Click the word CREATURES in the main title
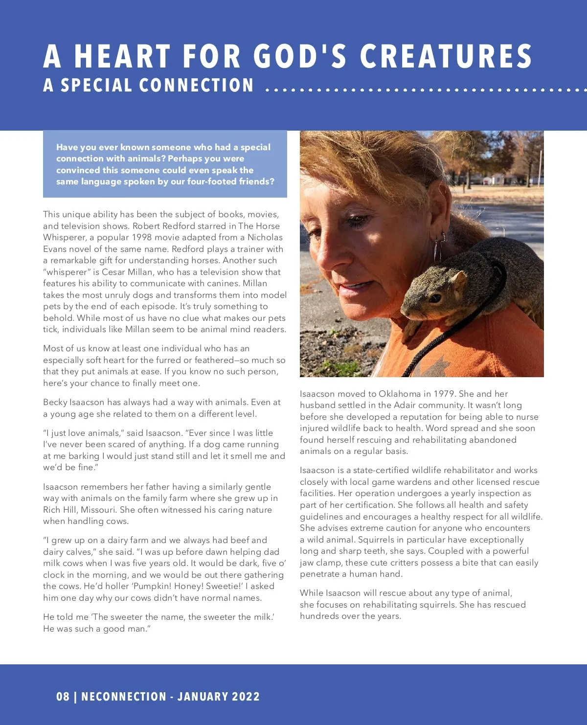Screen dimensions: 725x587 446,56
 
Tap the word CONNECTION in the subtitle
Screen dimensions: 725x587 196,86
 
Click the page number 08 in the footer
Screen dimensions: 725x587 63,697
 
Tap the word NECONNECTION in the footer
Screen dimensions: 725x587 124,697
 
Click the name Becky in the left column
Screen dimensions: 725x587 55,402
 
